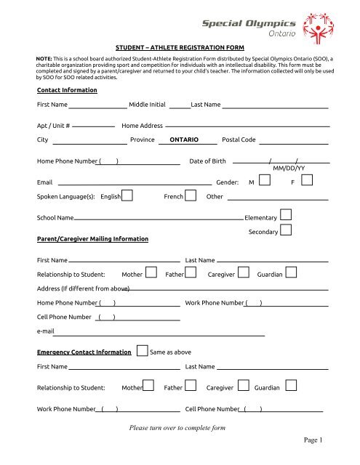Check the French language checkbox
(191, 195)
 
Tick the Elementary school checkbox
(286, 215)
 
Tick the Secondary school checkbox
(286, 230)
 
